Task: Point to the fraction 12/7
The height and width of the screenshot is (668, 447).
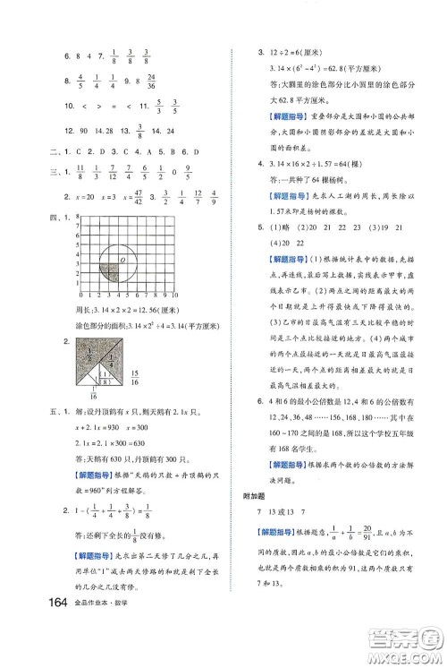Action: pyautogui.click(x=197, y=197)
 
